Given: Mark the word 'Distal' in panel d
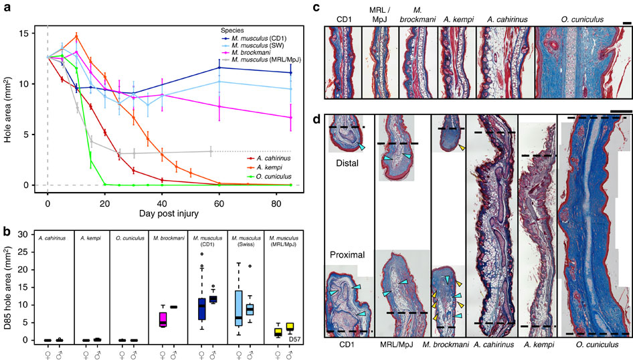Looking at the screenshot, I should pyautogui.click(x=348, y=162).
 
